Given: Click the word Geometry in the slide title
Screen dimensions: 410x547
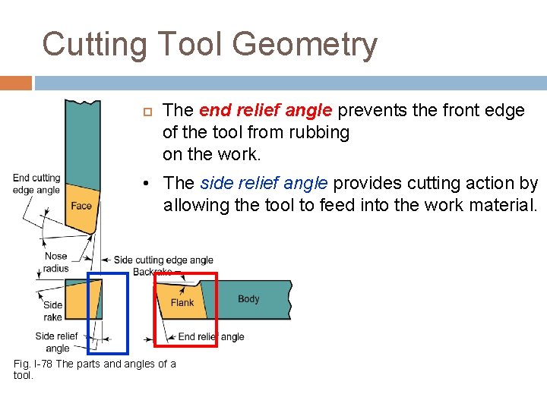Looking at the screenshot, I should coord(305,45).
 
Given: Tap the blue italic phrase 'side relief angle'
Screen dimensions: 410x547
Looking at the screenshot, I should coord(264,183).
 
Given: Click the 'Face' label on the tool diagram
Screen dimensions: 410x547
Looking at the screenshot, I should coord(81,206).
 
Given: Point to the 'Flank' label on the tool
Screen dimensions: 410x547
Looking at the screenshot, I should coord(182,302).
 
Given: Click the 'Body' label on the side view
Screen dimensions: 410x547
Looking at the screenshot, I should coord(248,298).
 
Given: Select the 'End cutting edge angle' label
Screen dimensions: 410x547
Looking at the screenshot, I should coord(36,184).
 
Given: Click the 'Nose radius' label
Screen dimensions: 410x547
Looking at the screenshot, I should coord(56,262).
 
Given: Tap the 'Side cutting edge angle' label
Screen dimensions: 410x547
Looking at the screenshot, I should coord(163,260).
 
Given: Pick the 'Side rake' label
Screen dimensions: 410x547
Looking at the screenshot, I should coord(53,311).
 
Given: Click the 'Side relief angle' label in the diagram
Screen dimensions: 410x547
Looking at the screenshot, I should coord(57,342).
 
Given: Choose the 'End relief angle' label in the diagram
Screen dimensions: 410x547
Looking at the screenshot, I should coord(210,336).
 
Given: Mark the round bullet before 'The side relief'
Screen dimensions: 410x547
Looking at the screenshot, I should coord(153,184).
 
